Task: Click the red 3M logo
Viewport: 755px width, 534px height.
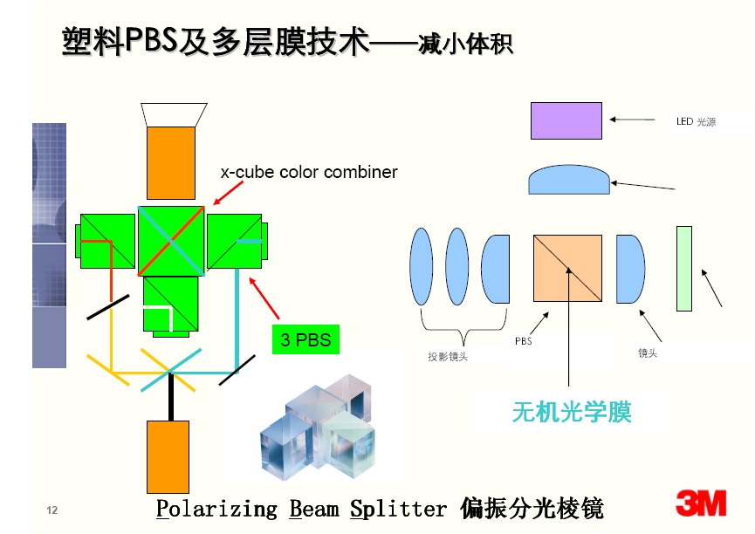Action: [701, 503]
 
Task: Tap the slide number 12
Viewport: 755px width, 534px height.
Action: [52, 510]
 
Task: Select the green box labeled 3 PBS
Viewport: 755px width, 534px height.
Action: [305, 339]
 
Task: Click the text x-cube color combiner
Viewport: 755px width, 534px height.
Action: [309, 172]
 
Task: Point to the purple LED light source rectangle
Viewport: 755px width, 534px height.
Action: [566, 121]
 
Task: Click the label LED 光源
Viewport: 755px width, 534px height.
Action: [696, 122]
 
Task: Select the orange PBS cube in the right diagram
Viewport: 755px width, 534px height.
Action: [567, 268]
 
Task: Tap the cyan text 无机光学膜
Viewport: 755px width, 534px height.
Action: [572, 412]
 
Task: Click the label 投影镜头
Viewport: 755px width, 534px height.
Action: [448, 356]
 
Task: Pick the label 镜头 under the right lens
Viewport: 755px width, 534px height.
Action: [648, 353]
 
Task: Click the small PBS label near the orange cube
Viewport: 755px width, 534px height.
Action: [524, 341]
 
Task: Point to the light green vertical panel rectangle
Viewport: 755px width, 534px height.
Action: [684, 269]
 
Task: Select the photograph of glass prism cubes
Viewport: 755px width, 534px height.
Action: [318, 426]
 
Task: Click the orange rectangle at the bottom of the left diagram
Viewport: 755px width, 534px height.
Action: [168, 457]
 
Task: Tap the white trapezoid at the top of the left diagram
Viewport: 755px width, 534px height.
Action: [174, 114]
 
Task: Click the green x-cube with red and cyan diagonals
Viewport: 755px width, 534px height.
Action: [171, 241]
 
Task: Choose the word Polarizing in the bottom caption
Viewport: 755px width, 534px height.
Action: [216, 509]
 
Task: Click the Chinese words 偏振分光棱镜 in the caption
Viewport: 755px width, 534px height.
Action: [532, 509]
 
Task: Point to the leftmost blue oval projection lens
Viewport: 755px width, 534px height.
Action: [422, 266]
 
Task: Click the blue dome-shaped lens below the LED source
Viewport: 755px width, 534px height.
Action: [569, 180]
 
